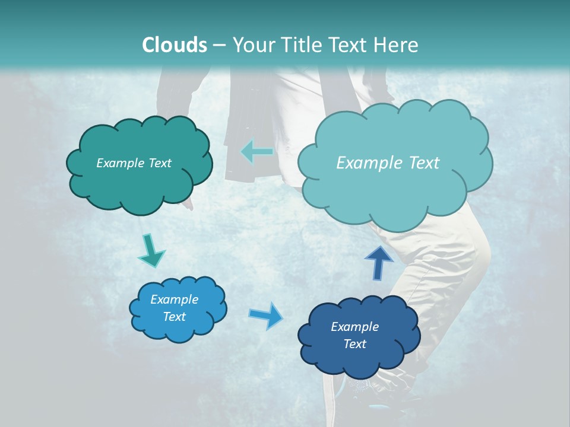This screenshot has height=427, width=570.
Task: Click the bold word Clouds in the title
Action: pos(175,45)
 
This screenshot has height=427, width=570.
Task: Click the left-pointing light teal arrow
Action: pos(257,152)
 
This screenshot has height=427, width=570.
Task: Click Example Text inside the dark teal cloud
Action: pos(134,163)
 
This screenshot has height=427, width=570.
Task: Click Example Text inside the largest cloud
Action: pos(388,163)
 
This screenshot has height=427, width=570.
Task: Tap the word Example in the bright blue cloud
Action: pos(174,299)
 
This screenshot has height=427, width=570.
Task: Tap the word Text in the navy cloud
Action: pos(354,344)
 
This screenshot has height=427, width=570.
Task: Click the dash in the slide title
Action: pos(219,46)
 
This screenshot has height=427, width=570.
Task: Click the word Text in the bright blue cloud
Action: pos(174,317)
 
